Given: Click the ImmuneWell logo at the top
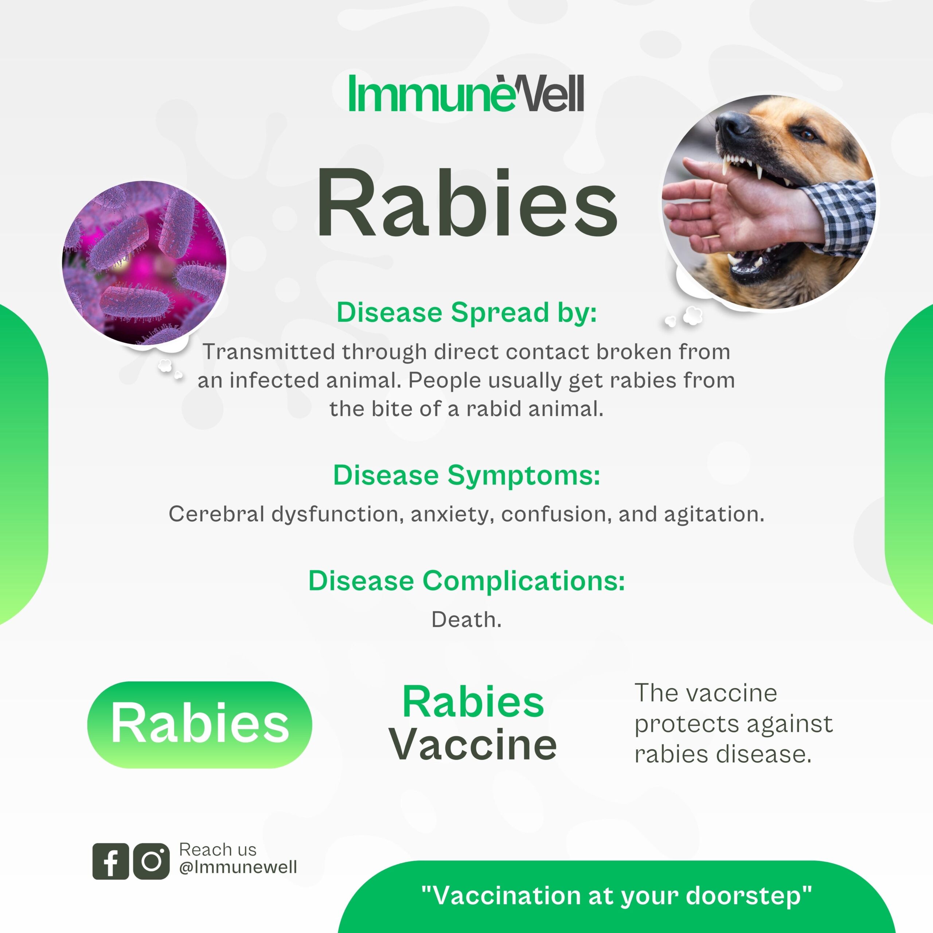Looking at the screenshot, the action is (x=466, y=93).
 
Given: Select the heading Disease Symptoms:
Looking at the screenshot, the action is (x=466, y=476).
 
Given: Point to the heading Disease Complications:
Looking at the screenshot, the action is (x=466, y=581).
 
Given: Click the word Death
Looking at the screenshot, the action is (x=466, y=620).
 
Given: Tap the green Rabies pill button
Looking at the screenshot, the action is (x=199, y=725).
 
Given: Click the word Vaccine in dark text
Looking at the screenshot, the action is (x=473, y=745).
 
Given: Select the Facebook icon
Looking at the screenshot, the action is (x=110, y=861).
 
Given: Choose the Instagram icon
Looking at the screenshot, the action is (x=152, y=861).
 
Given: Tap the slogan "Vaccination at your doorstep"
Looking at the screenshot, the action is (x=617, y=896).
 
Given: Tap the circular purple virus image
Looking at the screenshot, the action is (x=144, y=263).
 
